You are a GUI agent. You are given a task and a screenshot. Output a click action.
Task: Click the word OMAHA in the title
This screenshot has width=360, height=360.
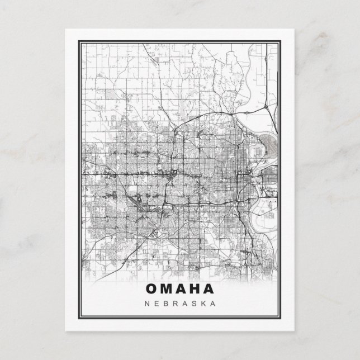(179, 289)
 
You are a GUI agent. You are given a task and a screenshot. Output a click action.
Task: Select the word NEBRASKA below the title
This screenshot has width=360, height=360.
(179, 304)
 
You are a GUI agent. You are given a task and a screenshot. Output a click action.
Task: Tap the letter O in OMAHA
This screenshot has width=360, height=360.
(151, 289)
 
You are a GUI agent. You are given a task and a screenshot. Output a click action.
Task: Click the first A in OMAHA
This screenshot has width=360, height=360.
(180, 289)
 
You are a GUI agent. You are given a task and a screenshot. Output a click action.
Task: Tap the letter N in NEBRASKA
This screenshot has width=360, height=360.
(146, 304)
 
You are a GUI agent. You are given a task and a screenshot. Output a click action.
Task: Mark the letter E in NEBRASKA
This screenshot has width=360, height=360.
(156, 304)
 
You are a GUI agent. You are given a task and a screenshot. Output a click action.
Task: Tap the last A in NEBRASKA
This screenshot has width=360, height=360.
(213, 304)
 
